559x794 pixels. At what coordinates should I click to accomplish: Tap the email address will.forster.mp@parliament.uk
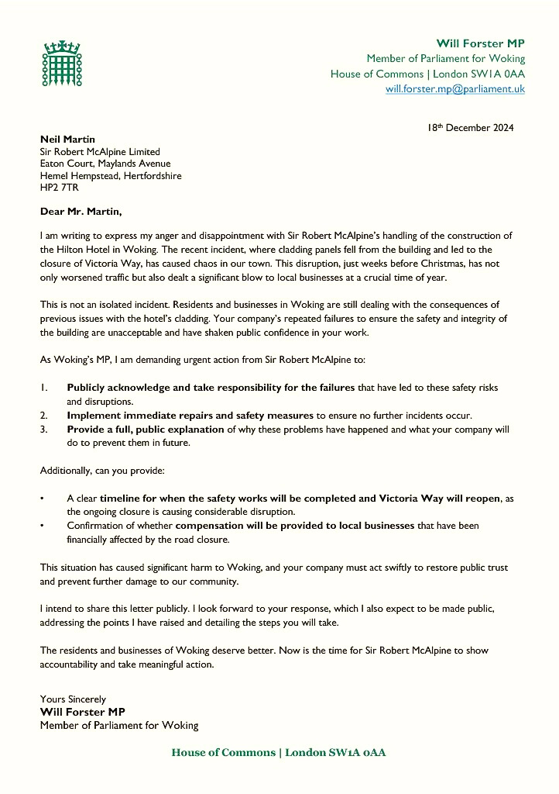coord(455,89)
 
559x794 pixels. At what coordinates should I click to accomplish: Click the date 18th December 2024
coord(470,128)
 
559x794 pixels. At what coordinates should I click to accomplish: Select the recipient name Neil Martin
coord(67,140)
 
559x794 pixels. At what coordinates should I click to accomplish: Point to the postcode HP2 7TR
coord(59,188)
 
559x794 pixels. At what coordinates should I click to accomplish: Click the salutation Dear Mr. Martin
coord(81,211)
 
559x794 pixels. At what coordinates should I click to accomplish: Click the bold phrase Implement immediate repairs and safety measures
coord(190,415)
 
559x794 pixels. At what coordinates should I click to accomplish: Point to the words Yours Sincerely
coord(73,699)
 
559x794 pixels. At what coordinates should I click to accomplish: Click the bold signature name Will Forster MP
coord(83,712)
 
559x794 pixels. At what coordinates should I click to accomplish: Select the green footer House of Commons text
coord(279,753)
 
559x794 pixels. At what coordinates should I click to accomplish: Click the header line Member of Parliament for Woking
coord(445,58)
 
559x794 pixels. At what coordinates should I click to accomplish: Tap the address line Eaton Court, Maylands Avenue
coord(105,164)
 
